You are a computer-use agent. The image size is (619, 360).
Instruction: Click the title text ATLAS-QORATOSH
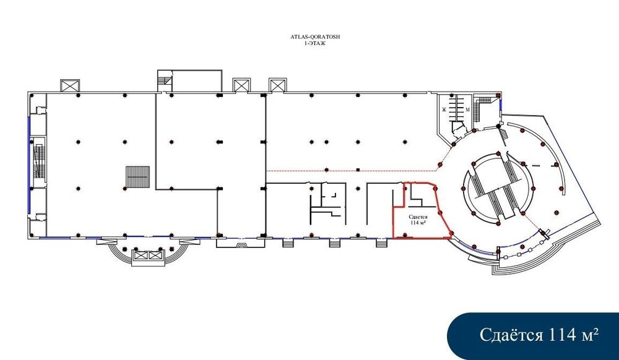tap(314, 36)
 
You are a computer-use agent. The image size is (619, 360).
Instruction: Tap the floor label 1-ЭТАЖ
tap(314, 43)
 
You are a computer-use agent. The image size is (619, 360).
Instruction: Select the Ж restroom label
tap(444, 109)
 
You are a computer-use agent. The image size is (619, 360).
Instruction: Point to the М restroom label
tap(467, 109)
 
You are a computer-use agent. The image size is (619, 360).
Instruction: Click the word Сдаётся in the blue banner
tap(511, 335)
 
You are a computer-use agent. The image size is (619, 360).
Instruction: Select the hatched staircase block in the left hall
tap(138, 177)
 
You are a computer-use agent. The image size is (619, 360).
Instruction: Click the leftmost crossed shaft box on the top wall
tap(70, 85)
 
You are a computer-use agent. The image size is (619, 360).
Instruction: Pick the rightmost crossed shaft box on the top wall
tap(277, 85)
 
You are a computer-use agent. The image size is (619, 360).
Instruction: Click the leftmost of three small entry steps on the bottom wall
tap(288, 243)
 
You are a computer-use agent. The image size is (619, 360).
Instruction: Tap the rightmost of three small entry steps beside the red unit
tap(381, 243)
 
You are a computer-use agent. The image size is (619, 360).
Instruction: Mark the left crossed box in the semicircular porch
tap(141, 255)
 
